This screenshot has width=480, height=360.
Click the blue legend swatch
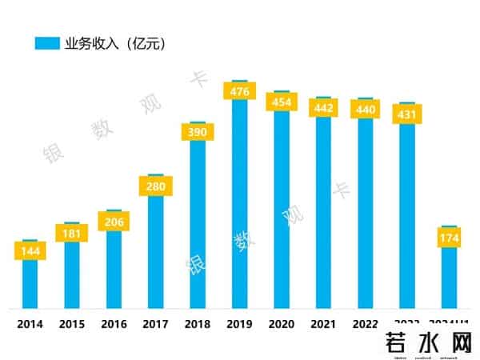tap(47, 43)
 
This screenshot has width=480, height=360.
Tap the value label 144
tap(30, 251)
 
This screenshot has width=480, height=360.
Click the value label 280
tap(155, 186)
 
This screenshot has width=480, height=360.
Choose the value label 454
tap(282, 102)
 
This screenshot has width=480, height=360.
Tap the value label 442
tap(323, 107)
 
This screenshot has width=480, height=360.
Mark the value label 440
tap(365, 109)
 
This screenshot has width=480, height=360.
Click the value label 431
tap(407, 114)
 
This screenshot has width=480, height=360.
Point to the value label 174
tap(449, 238)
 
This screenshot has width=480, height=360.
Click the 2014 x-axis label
tap(30, 324)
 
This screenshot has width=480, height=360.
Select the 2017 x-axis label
tap(155, 324)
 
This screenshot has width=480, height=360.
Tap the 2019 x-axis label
tap(240, 324)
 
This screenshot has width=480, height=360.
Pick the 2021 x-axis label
tap(323, 324)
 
